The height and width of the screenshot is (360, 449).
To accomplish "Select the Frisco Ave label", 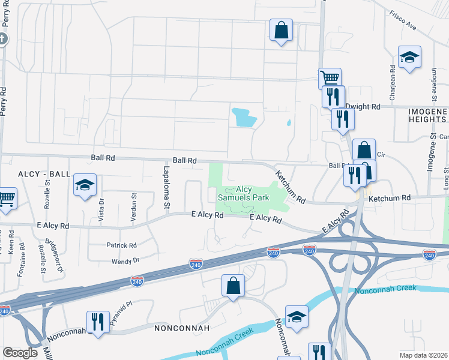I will click(402, 20).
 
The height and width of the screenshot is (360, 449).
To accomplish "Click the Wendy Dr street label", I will click(125, 261).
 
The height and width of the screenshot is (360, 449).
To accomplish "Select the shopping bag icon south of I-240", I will click(233, 286).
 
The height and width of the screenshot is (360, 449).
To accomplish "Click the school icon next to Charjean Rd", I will click(409, 58).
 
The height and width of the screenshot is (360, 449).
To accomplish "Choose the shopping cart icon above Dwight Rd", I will click(330, 78).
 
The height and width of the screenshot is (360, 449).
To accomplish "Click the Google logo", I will click(20, 353).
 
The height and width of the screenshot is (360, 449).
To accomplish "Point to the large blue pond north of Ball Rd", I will click(244, 117).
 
